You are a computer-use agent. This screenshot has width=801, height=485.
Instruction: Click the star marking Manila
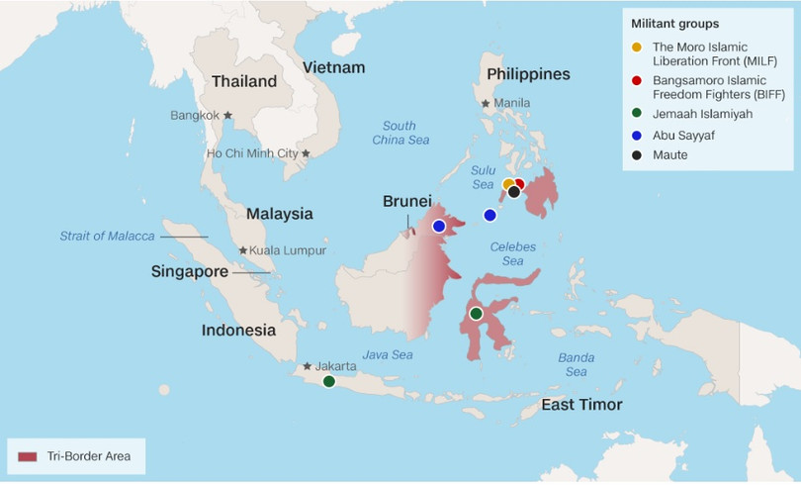pos(486,103)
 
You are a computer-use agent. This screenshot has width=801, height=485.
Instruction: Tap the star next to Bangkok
pos(227,115)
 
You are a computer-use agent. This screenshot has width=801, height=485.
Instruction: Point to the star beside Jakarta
pos(308,366)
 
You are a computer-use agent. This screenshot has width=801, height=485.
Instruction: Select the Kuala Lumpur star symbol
pos(243,250)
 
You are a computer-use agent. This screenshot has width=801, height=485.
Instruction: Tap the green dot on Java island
pos(328,381)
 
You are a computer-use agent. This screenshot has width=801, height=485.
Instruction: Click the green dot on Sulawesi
pos(476,314)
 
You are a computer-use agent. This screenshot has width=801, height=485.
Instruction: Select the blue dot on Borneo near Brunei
pos(439,226)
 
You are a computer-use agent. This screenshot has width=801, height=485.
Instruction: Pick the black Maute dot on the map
pos(514,192)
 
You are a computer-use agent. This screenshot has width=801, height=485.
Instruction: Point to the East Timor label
pos(581,405)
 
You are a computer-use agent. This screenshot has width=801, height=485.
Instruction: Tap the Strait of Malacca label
pos(107,236)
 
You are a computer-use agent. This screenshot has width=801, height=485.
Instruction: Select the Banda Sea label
pos(577,364)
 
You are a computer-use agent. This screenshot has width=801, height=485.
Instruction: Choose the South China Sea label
pos(400,133)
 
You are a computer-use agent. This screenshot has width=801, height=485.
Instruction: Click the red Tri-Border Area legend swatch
pos(28,456)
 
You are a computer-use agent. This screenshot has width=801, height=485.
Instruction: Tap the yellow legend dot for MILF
pos(637,48)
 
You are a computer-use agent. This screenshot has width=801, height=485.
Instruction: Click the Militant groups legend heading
pos(675,22)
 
